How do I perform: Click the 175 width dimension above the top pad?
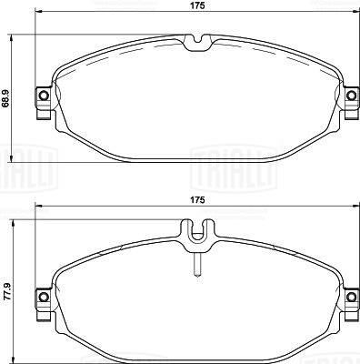click(x=197, y=5)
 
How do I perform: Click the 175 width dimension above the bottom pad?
click(x=197, y=200)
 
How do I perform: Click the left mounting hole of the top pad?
click(x=45, y=96)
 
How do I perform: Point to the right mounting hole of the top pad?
click(x=351, y=96)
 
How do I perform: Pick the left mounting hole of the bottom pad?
click(x=45, y=297)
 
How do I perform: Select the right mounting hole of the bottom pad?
click(x=351, y=297)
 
